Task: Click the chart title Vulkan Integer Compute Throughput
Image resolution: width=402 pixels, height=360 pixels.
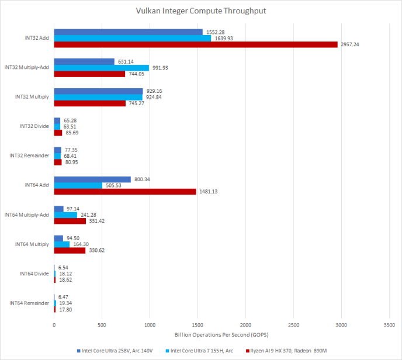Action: click(x=200, y=11)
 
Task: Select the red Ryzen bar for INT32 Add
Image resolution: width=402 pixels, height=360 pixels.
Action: click(x=196, y=44)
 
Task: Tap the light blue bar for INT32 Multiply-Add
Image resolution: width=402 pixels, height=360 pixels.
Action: click(x=102, y=68)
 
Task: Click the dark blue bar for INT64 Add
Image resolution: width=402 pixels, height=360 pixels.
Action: click(x=92, y=179)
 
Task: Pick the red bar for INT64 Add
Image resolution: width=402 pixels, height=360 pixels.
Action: click(x=125, y=192)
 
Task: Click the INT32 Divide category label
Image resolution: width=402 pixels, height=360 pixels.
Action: click(x=34, y=126)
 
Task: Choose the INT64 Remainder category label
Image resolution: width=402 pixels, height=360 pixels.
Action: click(x=30, y=303)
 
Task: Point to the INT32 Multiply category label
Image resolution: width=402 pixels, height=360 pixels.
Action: click(x=32, y=97)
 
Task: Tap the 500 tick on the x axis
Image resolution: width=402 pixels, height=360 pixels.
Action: click(x=102, y=324)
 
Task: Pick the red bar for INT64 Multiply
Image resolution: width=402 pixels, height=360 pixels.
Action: click(x=70, y=250)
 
